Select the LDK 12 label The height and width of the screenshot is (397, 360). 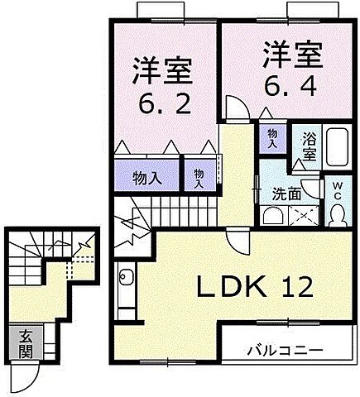coord(254,287)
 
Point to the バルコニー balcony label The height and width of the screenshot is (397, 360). coord(284,350)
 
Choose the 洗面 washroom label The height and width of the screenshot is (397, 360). coord(286,194)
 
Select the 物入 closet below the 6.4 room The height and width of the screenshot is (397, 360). coord(273,136)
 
